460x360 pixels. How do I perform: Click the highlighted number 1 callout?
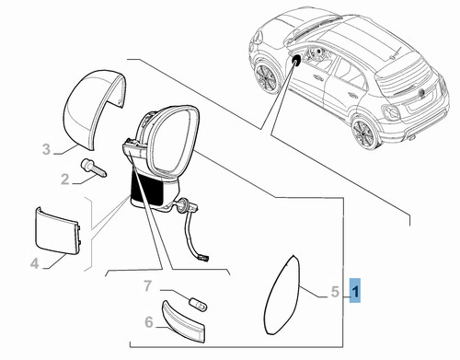click(x=355, y=290)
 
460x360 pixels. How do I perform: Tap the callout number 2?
click(x=64, y=179)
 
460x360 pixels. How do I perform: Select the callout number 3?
click(x=46, y=149)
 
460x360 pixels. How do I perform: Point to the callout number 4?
click(x=35, y=263)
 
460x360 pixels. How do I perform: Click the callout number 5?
click(x=335, y=292)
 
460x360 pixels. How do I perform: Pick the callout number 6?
click(x=149, y=322)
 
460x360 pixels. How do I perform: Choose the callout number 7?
click(x=148, y=286)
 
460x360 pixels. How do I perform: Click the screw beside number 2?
click(x=93, y=168)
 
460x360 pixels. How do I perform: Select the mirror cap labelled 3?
click(x=94, y=110)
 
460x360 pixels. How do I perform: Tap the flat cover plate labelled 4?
click(x=57, y=231)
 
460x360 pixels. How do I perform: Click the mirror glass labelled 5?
click(x=281, y=296)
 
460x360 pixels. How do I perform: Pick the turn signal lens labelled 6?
click(x=183, y=321)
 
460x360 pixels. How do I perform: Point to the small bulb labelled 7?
click(x=199, y=305)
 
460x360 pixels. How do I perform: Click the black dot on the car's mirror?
click(x=296, y=59)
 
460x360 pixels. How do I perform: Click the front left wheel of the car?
click(x=266, y=77)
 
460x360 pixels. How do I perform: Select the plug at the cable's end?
click(x=203, y=260)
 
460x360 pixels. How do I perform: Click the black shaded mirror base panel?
click(x=147, y=188)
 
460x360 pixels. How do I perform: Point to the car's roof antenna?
click(x=397, y=52)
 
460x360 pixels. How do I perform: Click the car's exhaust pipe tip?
click(x=413, y=137)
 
